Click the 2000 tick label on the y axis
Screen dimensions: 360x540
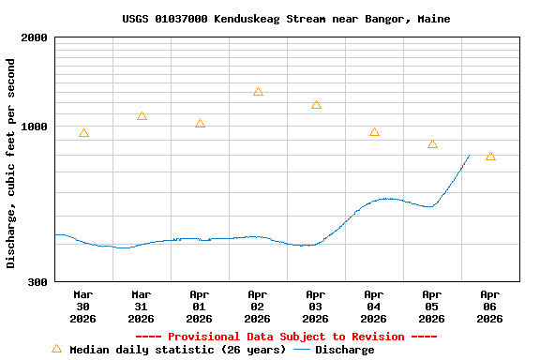point(35,37)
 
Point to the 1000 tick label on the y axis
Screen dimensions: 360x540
point(35,127)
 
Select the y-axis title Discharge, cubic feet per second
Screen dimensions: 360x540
point(11,163)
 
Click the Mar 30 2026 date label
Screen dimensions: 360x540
point(83,306)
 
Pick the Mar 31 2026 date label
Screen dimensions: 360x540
point(142,306)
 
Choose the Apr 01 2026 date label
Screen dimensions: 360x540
point(200,306)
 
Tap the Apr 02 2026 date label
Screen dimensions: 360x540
point(258,306)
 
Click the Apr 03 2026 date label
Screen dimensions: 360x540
point(316,306)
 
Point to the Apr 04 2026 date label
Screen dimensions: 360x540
point(374,306)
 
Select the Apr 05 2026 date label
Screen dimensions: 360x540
point(432,306)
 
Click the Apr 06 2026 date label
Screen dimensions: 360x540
point(490,306)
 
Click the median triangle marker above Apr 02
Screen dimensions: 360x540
point(258,92)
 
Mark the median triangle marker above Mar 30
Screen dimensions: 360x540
point(83,133)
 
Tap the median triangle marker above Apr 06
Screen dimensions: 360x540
point(490,157)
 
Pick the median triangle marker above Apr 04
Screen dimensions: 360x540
point(374,132)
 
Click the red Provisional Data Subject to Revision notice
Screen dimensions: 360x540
point(286,337)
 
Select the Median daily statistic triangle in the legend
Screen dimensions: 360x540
point(56,349)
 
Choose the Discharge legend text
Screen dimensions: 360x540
point(344,350)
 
